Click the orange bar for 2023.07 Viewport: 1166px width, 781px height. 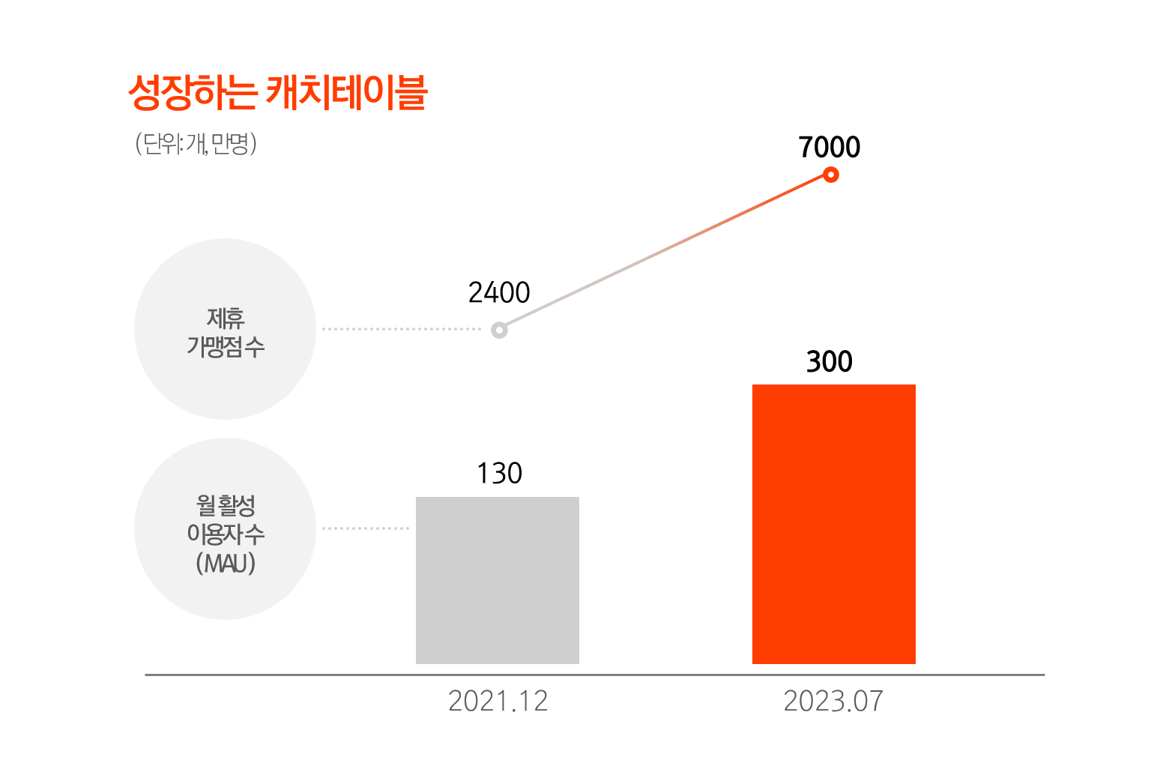(833, 524)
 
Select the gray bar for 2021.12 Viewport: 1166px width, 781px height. (498, 580)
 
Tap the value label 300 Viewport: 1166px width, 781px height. (829, 362)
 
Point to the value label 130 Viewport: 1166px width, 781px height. (499, 474)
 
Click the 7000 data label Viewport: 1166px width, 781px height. (829, 148)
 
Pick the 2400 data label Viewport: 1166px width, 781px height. (499, 293)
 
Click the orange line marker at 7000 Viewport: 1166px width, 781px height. (830, 175)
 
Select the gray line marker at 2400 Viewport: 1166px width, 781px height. (499, 330)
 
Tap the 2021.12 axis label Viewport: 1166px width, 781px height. (498, 702)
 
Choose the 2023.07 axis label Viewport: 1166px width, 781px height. (833, 702)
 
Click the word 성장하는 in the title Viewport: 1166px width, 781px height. (193, 93)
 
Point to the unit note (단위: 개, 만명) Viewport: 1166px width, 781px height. (196, 143)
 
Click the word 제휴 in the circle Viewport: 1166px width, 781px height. (226, 319)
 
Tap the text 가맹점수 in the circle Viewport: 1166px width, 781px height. (226, 347)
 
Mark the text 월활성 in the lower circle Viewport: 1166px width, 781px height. (226, 505)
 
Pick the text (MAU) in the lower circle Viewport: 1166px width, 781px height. (226, 564)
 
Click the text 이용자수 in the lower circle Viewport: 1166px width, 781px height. (226, 534)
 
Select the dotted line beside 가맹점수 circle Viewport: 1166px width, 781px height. (401, 329)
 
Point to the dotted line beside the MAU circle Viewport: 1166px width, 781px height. (366, 528)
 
